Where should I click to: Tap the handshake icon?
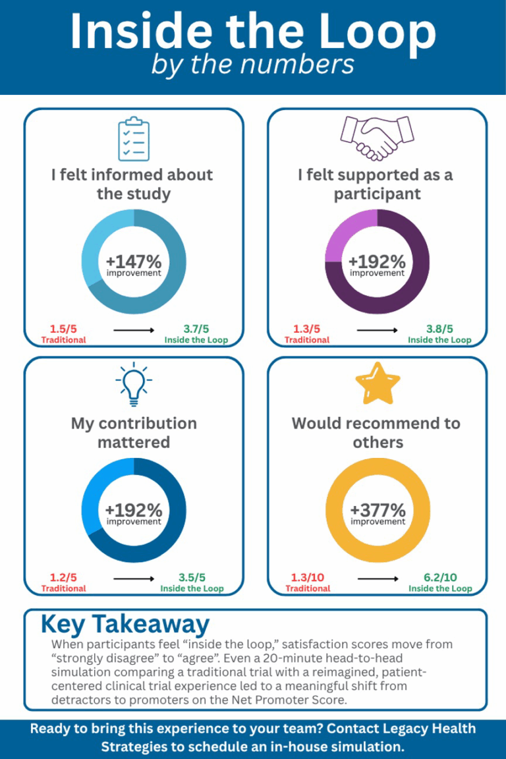pyautogui.click(x=376, y=138)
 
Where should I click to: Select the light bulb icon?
pyautogui.click(x=134, y=386)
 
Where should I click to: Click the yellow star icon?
pyautogui.click(x=378, y=386)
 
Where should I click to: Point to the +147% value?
pyautogui.click(x=134, y=262)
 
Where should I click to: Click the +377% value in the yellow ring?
pyautogui.click(x=378, y=510)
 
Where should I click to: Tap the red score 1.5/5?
pyautogui.click(x=63, y=329)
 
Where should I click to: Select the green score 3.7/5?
pyautogui.click(x=196, y=329)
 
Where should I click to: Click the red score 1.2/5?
pyautogui.click(x=63, y=577)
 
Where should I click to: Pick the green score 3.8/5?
pyautogui.click(x=439, y=329)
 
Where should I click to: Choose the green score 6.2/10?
pyautogui.click(x=439, y=577)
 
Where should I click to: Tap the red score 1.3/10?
pyautogui.click(x=308, y=577)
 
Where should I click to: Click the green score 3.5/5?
pyautogui.click(x=192, y=577)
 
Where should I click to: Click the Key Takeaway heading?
pyautogui.click(x=125, y=623)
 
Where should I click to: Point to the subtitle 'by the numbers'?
pyautogui.click(x=252, y=65)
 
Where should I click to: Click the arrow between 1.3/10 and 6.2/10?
pyautogui.click(x=378, y=579)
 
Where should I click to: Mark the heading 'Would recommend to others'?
pyautogui.click(x=376, y=432)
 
